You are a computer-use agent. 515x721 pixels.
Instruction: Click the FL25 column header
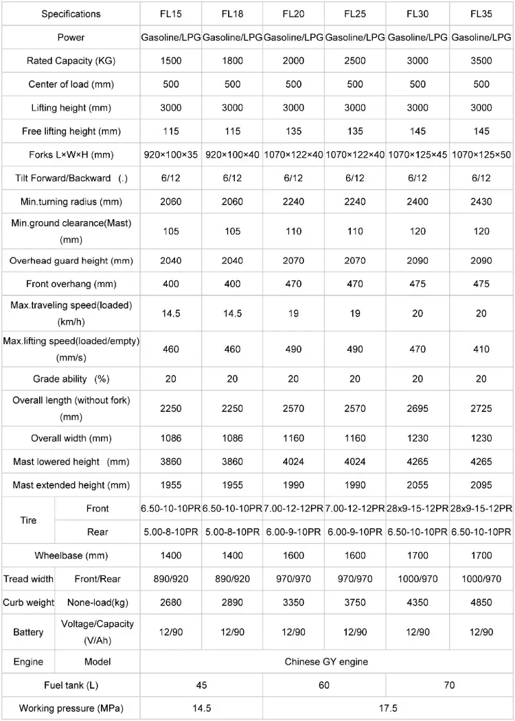point(354,14)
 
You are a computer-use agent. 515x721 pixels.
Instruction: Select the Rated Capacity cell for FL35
point(481,61)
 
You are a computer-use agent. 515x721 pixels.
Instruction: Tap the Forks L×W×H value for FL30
point(417,154)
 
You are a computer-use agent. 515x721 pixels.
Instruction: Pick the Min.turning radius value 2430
point(481,201)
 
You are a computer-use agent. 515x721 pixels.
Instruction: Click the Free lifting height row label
point(71,131)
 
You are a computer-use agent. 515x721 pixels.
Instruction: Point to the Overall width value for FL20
point(293,438)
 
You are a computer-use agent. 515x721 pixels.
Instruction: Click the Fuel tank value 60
point(324,685)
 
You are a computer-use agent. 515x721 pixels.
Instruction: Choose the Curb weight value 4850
point(481,602)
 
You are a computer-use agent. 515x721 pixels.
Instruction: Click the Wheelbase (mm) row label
point(71,555)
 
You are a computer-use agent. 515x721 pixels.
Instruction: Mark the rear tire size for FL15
point(171,531)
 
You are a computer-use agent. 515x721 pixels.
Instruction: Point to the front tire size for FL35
point(481,508)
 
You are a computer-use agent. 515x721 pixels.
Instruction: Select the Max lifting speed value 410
point(481,349)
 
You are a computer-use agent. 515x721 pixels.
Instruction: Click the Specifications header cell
point(71,14)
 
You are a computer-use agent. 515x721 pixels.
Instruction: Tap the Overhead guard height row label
point(71,261)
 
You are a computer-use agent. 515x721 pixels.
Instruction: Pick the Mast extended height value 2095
point(481,485)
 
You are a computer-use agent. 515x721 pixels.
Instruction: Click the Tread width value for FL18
point(232,579)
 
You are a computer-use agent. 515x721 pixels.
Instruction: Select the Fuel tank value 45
point(201,685)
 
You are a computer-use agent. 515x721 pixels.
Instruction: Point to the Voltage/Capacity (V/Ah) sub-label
point(98,632)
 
